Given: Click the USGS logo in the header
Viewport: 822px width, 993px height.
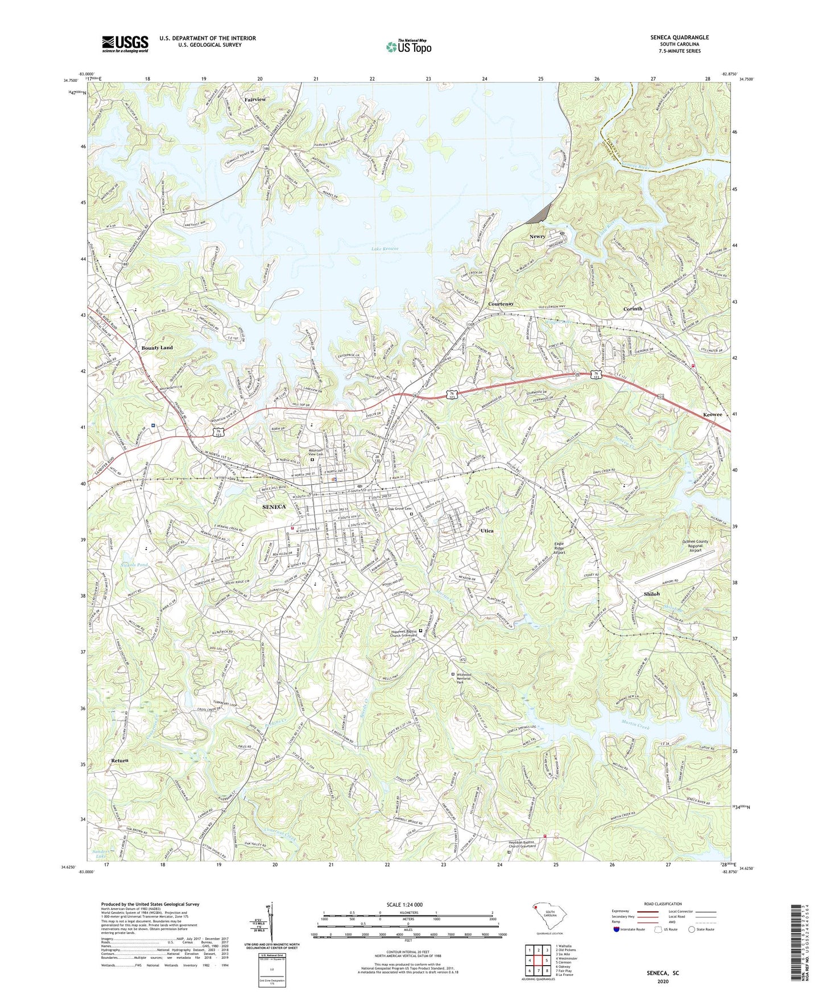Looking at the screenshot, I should click(x=125, y=44).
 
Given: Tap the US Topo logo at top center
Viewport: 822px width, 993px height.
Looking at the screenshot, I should click(x=408, y=46).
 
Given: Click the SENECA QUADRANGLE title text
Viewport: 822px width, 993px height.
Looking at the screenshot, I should click(x=679, y=38).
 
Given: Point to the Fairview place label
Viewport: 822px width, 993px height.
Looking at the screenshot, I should click(x=255, y=100).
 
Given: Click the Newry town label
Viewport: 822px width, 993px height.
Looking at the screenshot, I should click(x=537, y=237).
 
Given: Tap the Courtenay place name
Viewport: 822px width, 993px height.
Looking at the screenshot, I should click(x=501, y=304).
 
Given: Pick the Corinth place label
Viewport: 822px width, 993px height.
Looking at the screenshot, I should click(x=633, y=309).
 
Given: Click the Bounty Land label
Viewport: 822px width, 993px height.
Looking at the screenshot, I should click(x=157, y=347).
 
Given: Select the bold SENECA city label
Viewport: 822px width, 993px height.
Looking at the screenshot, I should click(x=274, y=507).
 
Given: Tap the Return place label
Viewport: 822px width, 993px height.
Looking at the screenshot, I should click(x=119, y=760).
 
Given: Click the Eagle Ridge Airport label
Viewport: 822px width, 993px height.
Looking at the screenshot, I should click(x=560, y=548).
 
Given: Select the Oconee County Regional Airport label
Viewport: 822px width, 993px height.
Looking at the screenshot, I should click(x=695, y=546).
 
